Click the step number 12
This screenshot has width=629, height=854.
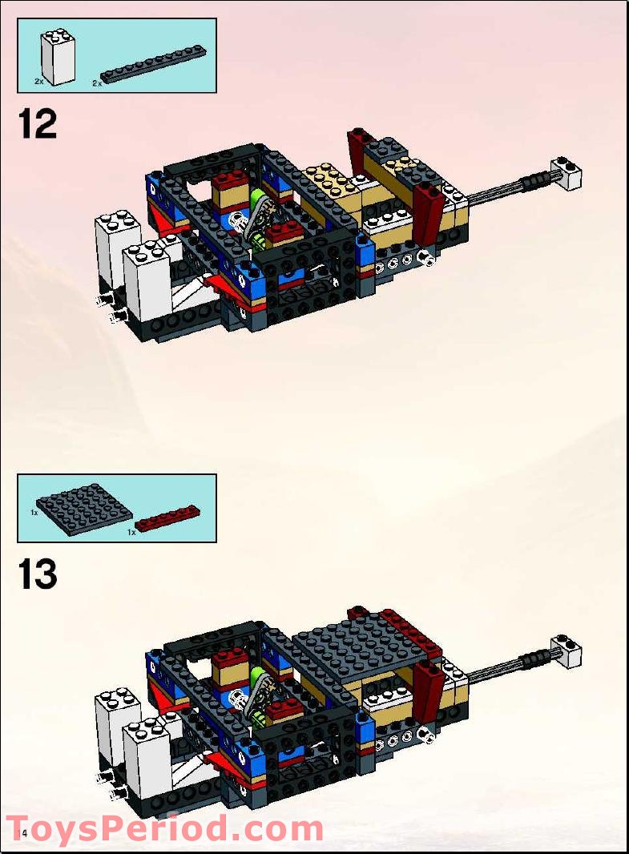pyautogui.click(x=38, y=125)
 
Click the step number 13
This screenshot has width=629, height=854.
pyautogui.click(x=38, y=575)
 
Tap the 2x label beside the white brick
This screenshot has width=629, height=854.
pyautogui.click(x=38, y=82)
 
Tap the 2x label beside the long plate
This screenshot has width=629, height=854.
pyautogui.click(x=97, y=83)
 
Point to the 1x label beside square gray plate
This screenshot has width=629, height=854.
pyautogui.click(x=35, y=511)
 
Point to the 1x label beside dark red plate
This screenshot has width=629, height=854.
pyautogui.click(x=132, y=530)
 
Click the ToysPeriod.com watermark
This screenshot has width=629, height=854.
pyautogui.click(x=164, y=829)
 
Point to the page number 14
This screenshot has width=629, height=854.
pyautogui.click(x=22, y=835)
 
